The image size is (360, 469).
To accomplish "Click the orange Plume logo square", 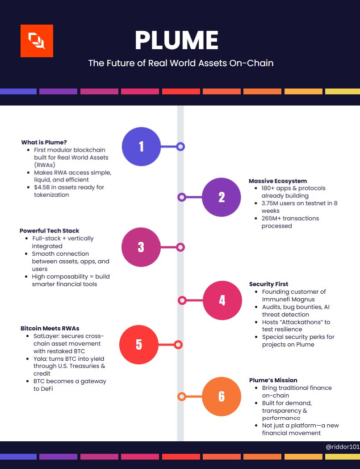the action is click(37, 41).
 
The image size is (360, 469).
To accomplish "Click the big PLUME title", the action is click(176, 41).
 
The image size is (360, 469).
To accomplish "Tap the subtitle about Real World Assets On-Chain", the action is click(180, 63).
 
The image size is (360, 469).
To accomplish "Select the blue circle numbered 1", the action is click(141, 146).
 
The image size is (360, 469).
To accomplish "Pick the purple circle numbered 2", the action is click(221, 197).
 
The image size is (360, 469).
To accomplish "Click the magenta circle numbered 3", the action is click(141, 247).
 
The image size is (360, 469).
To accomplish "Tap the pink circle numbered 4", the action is click(222, 300).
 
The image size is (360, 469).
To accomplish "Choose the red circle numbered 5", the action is click(139, 345).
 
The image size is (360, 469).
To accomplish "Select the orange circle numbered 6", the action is click(222, 396).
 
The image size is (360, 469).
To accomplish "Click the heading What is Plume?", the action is click(44, 142).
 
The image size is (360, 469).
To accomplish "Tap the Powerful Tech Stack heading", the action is click(50, 231).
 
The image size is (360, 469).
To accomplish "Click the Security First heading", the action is click(268, 284).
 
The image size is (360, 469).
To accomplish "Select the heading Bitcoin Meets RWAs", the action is click(50, 328).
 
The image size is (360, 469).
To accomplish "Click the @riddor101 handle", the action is click(342, 446).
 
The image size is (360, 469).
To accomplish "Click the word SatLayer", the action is click(45, 336).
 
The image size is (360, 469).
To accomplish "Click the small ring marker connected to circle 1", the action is click(180, 146).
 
